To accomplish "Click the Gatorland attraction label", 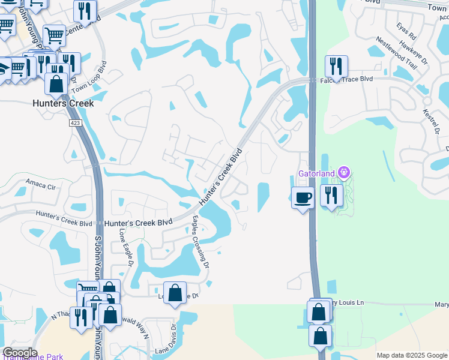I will pos(318,174).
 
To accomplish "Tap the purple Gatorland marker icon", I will pos(343,173).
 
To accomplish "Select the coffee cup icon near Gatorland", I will pos(303,197).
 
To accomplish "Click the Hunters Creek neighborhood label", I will pos(62,103).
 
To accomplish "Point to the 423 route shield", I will pos(75,123).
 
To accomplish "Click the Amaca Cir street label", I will pos(40,185).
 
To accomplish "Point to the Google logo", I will pos(19,353).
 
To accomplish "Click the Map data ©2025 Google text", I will pos(411,355).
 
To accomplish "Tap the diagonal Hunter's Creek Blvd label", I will pos(220,178).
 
